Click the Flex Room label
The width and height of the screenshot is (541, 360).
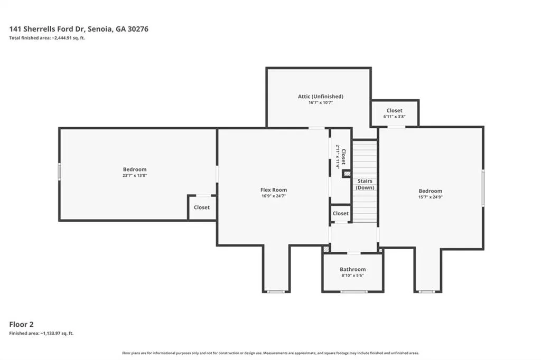click(274, 190)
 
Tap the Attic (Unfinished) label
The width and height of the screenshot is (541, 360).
click(321, 97)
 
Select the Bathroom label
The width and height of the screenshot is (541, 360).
click(352, 269)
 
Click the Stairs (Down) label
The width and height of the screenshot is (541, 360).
click(365, 184)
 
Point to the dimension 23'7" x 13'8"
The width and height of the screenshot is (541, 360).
click(135, 176)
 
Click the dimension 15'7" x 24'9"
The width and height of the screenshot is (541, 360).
click(430, 197)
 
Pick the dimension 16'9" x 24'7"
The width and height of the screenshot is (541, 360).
click(274, 196)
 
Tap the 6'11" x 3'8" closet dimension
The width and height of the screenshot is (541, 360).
click(394, 117)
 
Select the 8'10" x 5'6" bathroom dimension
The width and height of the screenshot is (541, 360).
click(352, 276)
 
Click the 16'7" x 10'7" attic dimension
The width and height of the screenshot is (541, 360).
click(321, 102)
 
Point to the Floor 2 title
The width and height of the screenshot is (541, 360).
click(21, 324)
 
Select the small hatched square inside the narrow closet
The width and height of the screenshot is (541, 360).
click(347, 174)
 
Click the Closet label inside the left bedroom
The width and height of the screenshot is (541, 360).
click(201, 207)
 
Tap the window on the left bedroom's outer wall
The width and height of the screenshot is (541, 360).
click(59, 172)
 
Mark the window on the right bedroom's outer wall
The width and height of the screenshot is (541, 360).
click(483, 188)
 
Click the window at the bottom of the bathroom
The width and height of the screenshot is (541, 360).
click(354, 292)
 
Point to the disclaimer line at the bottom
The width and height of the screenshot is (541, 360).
click(270, 353)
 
